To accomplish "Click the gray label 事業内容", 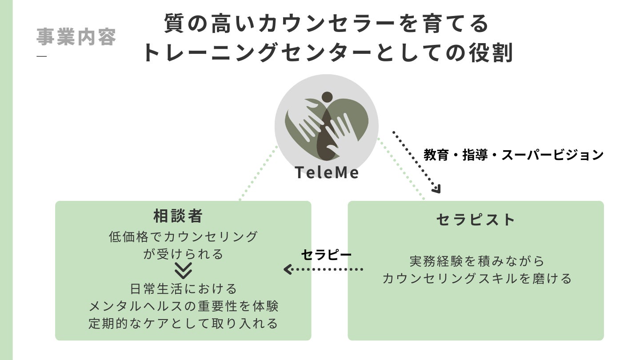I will click(x=76, y=37).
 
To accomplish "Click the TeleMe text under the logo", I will click(x=327, y=172).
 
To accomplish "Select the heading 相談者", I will click(x=178, y=216).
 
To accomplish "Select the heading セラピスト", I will click(x=476, y=220).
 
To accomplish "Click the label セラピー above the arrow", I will click(x=326, y=254).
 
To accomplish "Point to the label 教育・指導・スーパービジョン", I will click(x=513, y=155).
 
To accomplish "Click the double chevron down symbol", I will click(x=183, y=271).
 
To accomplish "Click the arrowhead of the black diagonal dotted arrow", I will click(x=436, y=189).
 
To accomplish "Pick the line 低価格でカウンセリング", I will click(x=183, y=236).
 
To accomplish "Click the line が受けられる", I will click(x=183, y=254).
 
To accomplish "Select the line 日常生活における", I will click(x=183, y=289).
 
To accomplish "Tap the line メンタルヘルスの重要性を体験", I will click(x=183, y=306).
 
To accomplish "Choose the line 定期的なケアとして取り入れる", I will click(x=183, y=323).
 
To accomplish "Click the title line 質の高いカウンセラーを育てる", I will click(x=327, y=24).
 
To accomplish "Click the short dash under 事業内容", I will click(x=41, y=56).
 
